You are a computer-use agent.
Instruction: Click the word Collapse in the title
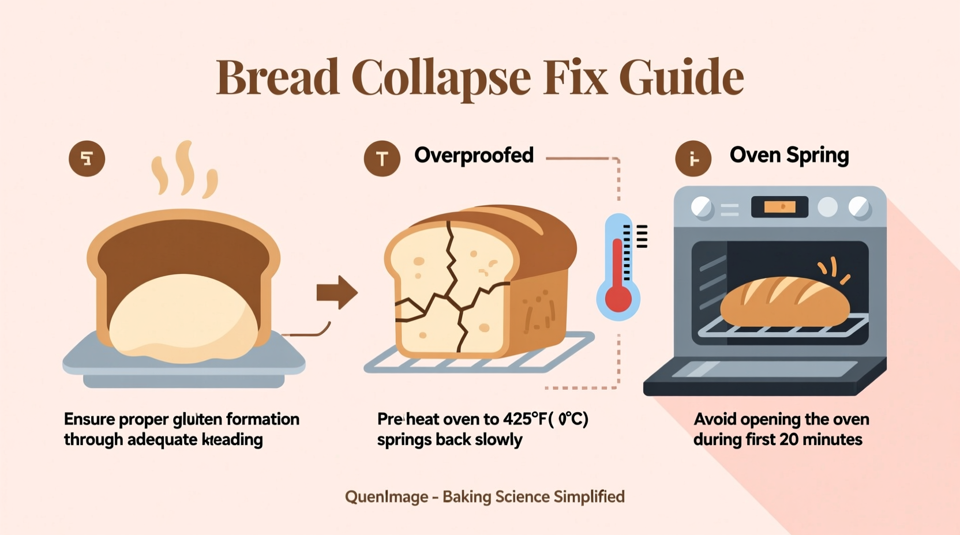click(x=441, y=78)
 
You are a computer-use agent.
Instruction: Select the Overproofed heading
click(x=474, y=155)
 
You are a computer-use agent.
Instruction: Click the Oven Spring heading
click(x=789, y=155)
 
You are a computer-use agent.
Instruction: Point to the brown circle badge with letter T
click(x=382, y=159)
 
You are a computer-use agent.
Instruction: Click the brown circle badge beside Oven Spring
click(x=693, y=159)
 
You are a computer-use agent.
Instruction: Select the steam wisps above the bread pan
click(x=185, y=169)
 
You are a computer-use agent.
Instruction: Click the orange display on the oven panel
click(x=779, y=206)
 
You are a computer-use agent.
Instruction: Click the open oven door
click(x=764, y=376)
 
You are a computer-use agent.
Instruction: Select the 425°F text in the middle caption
click(x=523, y=419)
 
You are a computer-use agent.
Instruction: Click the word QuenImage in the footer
click(x=387, y=497)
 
